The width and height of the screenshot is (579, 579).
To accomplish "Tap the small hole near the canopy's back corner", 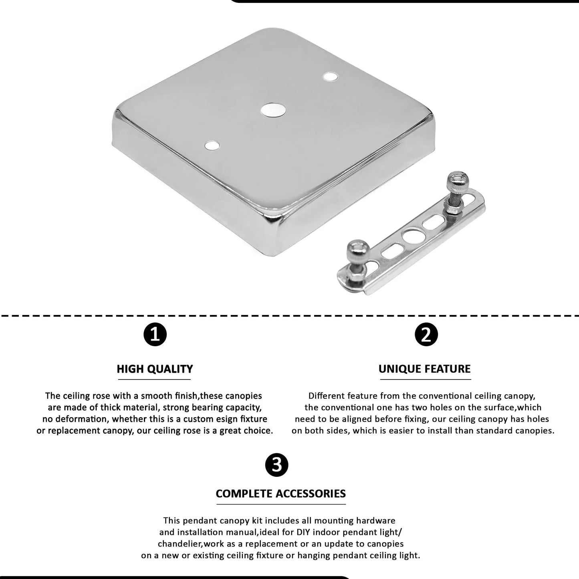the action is [x=330, y=76].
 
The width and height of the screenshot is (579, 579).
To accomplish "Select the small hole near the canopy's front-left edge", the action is [x=212, y=146].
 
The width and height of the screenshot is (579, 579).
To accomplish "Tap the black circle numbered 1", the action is [x=155, y=335].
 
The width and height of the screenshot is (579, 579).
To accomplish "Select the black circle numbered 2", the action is [x=426, y=335].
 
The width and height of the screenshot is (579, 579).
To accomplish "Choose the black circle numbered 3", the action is [x=277, y=465].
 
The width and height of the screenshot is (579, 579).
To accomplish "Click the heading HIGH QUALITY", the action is [x=155, y=369].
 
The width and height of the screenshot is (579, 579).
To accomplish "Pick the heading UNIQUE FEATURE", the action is [x=425, y=369].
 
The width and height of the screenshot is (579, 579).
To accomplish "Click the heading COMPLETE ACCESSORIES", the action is [x=280, y=493].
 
